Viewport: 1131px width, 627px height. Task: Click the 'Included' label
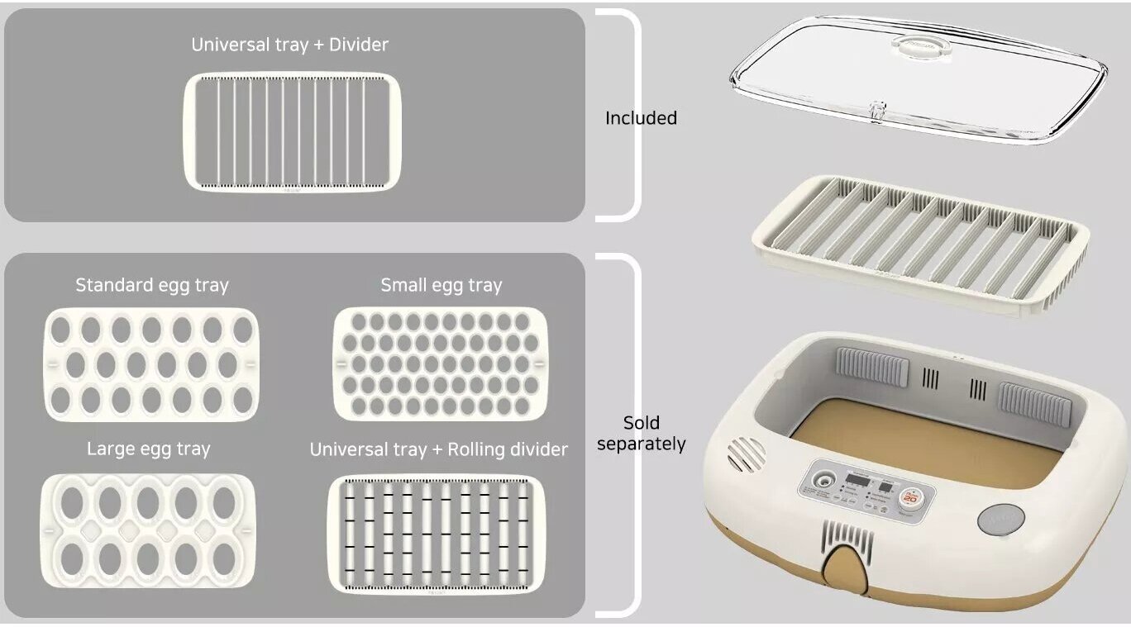641,118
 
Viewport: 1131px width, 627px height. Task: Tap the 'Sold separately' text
641,434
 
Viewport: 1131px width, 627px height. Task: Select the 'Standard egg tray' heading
152,286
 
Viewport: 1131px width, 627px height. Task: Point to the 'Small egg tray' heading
441,286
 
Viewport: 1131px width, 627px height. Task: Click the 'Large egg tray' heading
149,449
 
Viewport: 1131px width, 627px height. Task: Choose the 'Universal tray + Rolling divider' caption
438,449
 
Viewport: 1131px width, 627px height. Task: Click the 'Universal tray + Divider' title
289,45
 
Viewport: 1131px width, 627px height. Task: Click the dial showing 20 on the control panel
909,497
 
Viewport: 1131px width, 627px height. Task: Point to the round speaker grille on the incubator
746,453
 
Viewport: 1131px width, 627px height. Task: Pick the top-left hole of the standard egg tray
60,330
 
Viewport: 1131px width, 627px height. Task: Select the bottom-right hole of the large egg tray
224,559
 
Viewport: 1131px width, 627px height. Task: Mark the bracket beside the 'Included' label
628,116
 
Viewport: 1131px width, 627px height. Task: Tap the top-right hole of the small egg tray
523,321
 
